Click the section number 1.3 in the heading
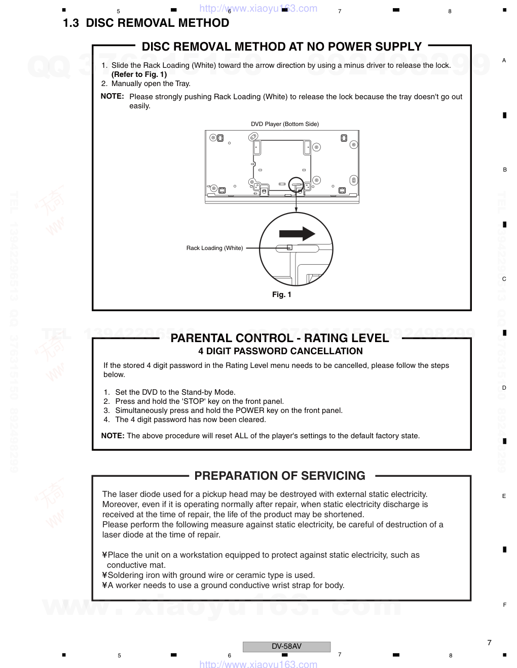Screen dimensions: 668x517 pyautogui.click(x=71, y=23)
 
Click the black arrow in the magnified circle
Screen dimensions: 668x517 pyautogui.click(x=297, y=233)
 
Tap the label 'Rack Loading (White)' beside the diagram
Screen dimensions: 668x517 pyautogui.click(x=214, y=248)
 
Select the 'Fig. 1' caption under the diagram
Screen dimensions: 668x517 pyautogui.click(x=282, y=295)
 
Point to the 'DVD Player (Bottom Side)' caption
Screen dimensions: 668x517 pyautogui.click(x=285, y=124)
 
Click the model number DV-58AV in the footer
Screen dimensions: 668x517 pyautogui.click(x=286, y=646)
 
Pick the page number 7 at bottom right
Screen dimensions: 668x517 pyautogui.click(x=489, y=643)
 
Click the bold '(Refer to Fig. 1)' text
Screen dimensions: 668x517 pyautogui.click(x=139, y=74)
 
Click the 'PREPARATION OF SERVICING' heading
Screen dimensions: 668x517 pyautogui.click(x=280, y=476)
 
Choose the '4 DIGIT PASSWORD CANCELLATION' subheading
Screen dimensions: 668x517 pyautogui.click(x=280, y=351)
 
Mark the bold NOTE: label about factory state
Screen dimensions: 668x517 pyautogui.click(x=113, y=436)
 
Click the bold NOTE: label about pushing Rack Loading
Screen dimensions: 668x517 pyautogui.click(x=112, y=96)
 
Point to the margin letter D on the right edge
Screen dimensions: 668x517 pyautogui.click(x=504, y=388)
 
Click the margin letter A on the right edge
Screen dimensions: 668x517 pyautogui.click(x=504, y=60)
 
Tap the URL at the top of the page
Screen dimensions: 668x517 pyautogui.click(x=258, y=9)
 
